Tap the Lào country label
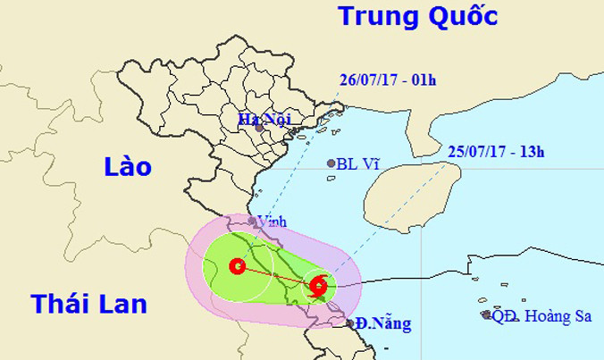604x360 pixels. (128, 167)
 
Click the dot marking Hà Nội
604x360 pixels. (259, 129)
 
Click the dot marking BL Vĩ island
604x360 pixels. (331, 163)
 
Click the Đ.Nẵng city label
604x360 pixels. (383, 323)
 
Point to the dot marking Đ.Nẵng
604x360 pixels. (350, 323)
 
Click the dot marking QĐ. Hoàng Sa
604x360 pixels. (486, 314)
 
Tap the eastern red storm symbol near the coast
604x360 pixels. (317, 286)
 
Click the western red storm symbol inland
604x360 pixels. (237, 265)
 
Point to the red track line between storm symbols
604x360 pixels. (277, 275)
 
